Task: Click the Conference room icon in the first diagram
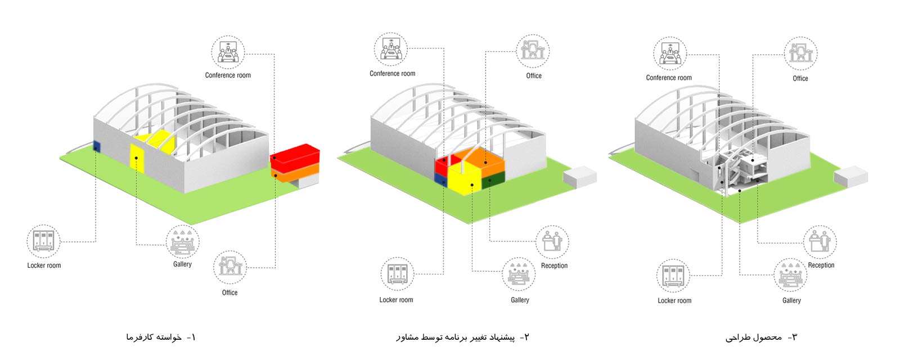pos(228,52)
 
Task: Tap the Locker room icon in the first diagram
pos(43,241)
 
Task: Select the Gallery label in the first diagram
pos(182,264)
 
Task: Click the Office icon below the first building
pos(230,267)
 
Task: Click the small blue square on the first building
pos(96,146)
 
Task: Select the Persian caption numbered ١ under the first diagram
pos(161,337)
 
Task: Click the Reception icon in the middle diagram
pos(552,242)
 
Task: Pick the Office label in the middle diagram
pos(534,75)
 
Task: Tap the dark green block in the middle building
pos(493,181)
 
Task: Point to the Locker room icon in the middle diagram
pos(397,273)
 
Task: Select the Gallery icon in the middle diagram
pos(518,274)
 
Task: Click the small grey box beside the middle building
pos(580,178)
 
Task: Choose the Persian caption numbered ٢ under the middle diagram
pos(462,337)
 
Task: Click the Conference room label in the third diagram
pos(669,78)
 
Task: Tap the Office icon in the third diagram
pos(801,53)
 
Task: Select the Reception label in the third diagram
pos(821,265)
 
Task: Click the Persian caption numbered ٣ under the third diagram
pos(761,337)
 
